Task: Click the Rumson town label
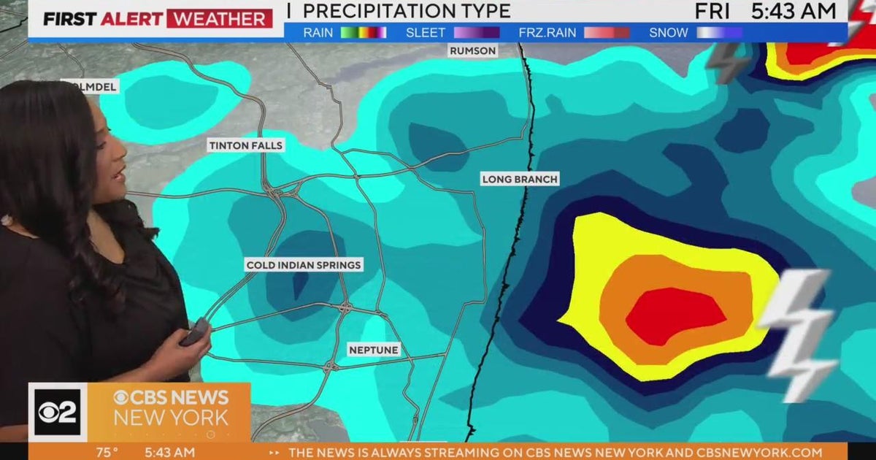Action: pos(473,51)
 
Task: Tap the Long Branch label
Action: pos(520,179)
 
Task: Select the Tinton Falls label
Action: pos(245,145)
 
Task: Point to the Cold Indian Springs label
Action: pos(304,265)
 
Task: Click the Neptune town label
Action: pos(373,350)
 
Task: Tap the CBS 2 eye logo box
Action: pos(58,412)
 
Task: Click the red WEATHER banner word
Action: pos(219,18)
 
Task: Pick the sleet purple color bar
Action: pos(477,32)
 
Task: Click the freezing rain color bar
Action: pos(606,32)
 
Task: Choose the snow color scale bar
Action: pos(719,32)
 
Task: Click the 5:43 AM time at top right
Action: pos(794,11)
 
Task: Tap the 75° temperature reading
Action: pos(107,453)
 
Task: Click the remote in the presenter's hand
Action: pos(196,332)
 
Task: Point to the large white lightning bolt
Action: pos(799,332)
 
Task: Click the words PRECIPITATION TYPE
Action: pos(407,11)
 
